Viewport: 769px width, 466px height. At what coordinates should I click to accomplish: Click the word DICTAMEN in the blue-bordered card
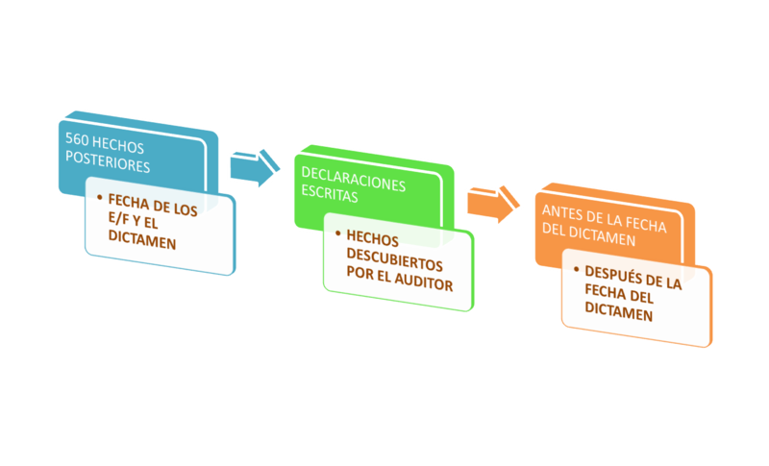(141, 243)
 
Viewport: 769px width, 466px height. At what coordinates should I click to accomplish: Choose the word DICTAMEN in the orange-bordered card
(618, 314)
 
